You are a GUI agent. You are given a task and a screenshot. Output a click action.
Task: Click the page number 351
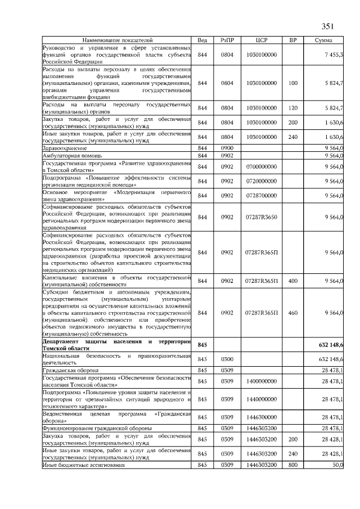pyautogui.click(x=328, y=26)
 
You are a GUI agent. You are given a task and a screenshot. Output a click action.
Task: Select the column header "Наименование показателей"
pyautogui.click(x=117, y=40)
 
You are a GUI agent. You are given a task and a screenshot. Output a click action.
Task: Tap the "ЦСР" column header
pyautogui.click(x=261, y=40)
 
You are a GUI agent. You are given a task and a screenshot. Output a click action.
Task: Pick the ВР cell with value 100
pyautogui.click(x=292, y=83)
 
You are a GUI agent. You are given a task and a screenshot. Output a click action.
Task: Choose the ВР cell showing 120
pyautogui.click(x=292, y=107)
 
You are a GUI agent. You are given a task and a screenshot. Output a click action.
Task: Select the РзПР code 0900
pyautogui.click(x=227, y=147)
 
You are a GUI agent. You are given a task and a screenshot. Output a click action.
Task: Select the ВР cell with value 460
pyautogui.click(x=292, y=312)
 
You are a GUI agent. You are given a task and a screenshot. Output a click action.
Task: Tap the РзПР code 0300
pyautogui.click(x=227, y=359)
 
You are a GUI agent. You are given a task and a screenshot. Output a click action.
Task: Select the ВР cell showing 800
pyautogui.click(x=292, y=465)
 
